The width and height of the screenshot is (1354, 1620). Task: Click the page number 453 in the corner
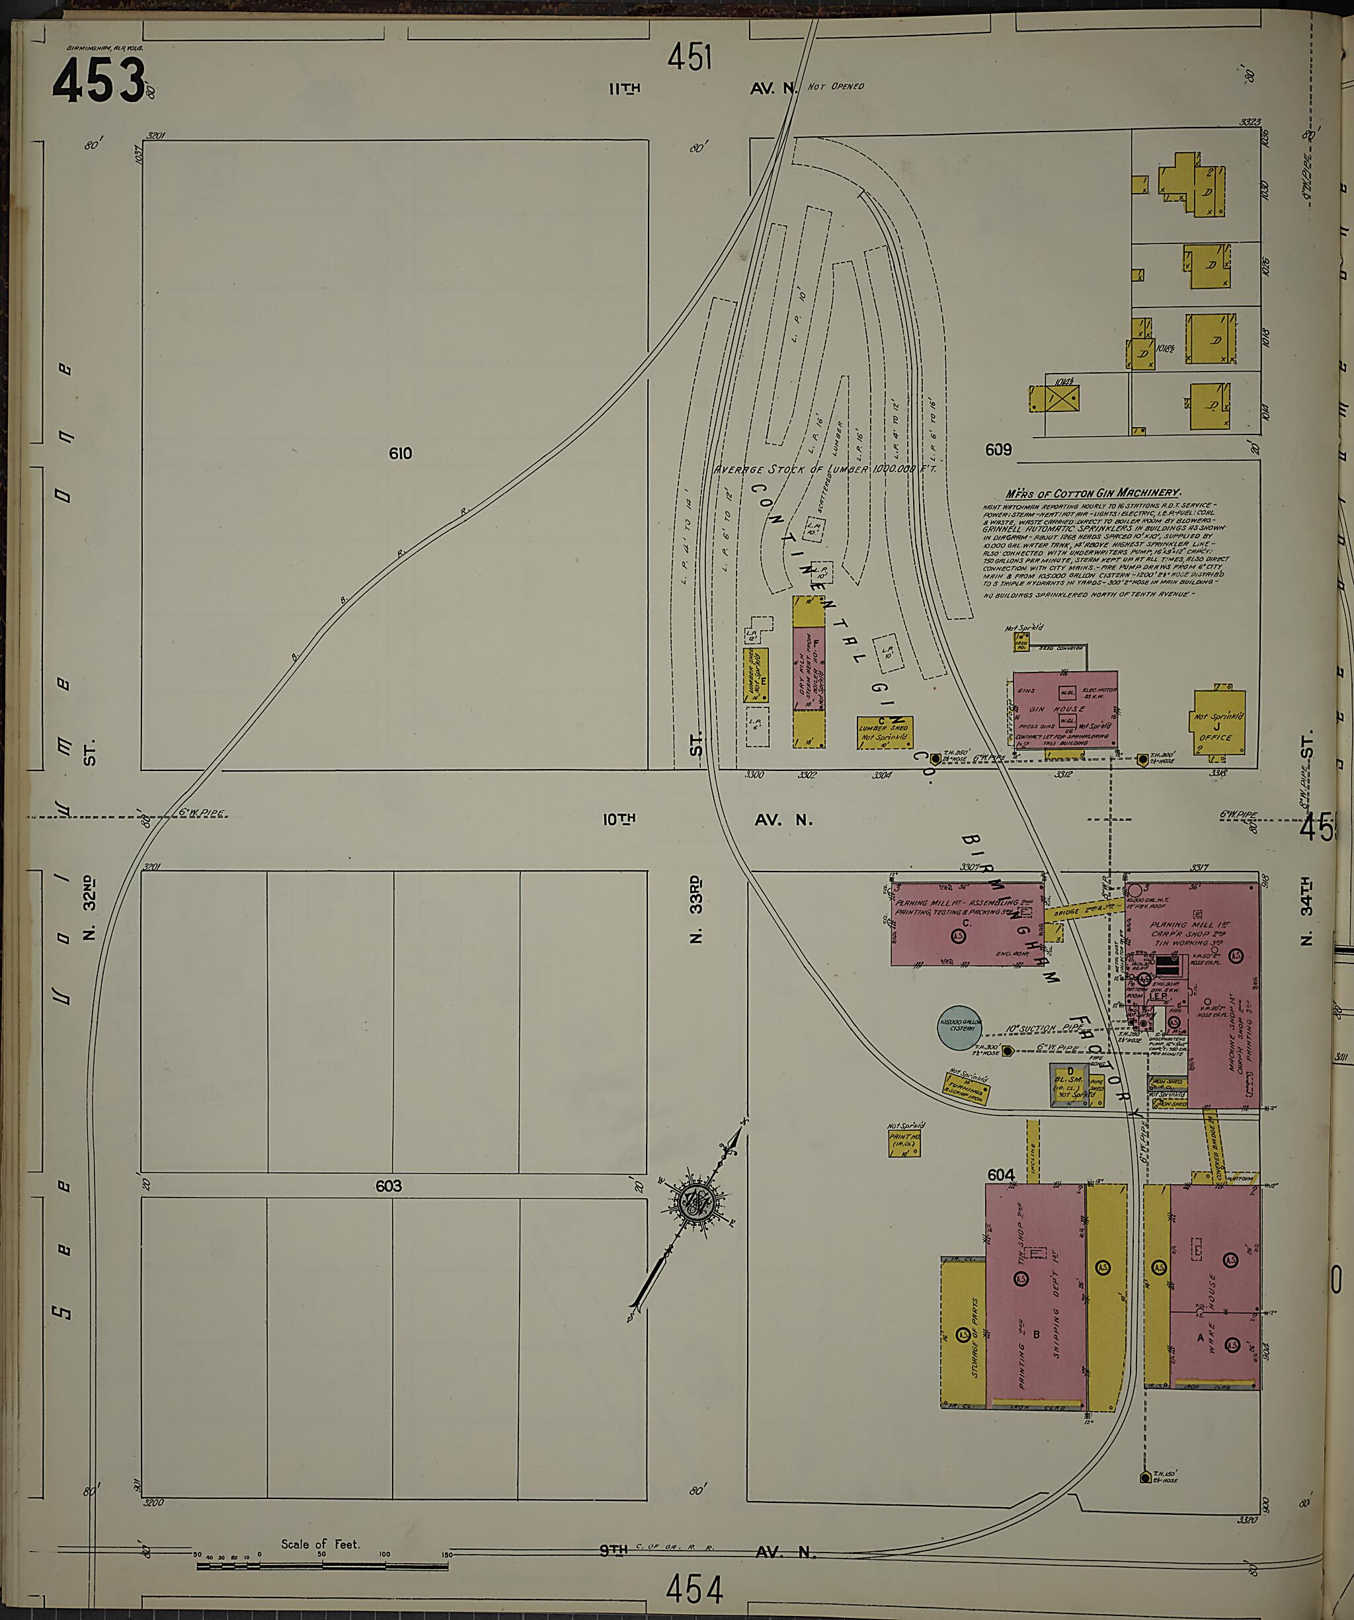(x=99, y=80)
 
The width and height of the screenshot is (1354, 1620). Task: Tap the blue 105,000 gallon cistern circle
(x=957, y=1028)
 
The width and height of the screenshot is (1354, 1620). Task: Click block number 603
(x=388, y=1186)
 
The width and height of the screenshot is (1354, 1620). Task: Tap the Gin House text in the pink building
(x=1058, y=709)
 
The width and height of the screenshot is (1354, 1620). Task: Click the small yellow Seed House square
(x=1021, y=643)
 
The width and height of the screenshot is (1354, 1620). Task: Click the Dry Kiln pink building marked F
(x=809, y=668)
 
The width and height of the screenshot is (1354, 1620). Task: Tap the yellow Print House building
(x=904, y=1145)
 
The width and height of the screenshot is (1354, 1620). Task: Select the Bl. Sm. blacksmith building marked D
(x=1069, y=1082)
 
